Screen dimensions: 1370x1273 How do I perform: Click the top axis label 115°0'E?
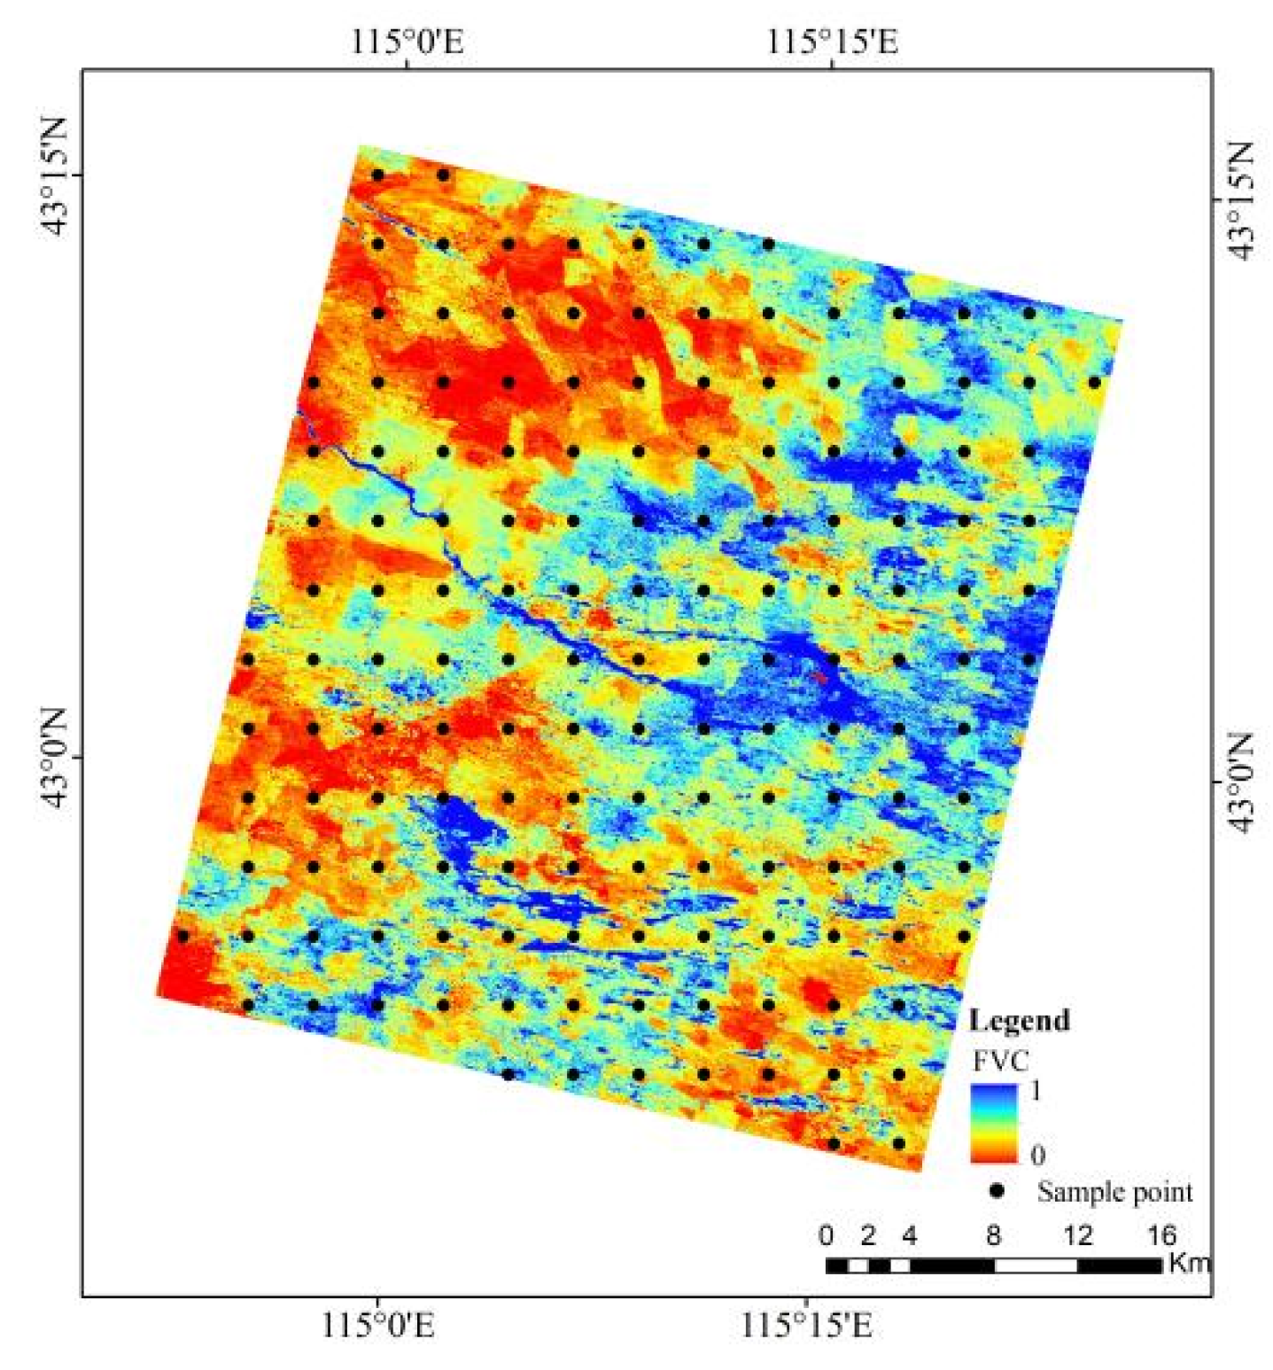408,41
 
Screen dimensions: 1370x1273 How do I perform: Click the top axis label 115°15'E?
832,41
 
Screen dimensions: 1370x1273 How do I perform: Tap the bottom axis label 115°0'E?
378,1326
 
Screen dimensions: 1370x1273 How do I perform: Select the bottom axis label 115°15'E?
806,1326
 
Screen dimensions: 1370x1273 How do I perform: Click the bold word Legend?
1019,1021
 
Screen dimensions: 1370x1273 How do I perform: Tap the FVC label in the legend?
1000,1061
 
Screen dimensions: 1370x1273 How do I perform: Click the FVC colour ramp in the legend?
993,1123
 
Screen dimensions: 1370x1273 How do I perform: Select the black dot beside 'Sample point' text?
997,1191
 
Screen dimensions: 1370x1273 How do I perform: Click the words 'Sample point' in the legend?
1114,1192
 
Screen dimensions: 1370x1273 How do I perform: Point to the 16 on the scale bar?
1160,1234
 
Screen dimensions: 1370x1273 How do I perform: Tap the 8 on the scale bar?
993,1234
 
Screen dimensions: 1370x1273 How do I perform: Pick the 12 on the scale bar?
1077,1234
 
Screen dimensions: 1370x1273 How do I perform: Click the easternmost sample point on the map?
1094,383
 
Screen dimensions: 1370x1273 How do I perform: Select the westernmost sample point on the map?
183,935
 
